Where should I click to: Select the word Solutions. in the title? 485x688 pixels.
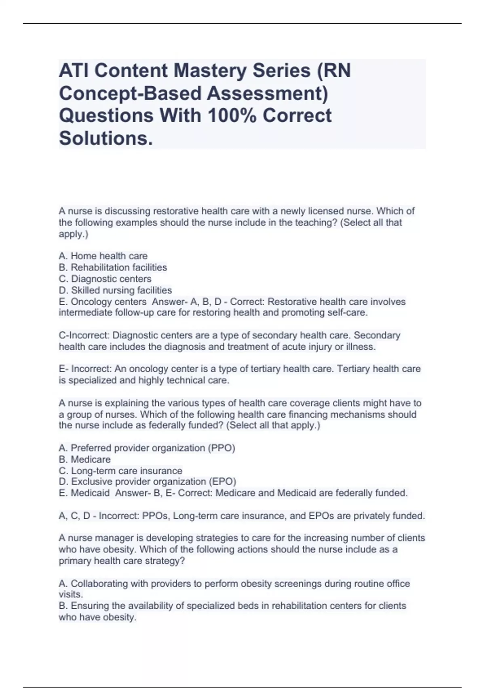106,138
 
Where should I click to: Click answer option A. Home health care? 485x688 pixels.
103,256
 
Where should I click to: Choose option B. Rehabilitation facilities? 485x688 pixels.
113,268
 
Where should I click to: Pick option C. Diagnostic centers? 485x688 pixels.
105,279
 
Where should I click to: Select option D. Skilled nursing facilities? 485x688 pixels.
115,290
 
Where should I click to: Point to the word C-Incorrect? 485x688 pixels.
84,336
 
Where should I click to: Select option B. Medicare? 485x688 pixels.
84,459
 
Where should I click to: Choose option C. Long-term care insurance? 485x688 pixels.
120,471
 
